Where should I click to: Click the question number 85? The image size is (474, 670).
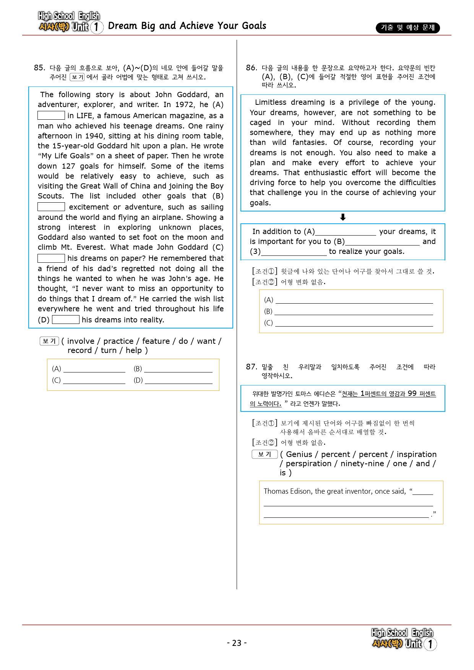tap(39, 68)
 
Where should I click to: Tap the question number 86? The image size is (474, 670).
tap(251, 68)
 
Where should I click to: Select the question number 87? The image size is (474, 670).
tap(251, 367)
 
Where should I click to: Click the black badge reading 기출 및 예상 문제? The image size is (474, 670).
tap(407, 28)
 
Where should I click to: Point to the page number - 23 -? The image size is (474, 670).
tap(237, 643)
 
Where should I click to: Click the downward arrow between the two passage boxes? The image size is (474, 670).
tap(343, 217)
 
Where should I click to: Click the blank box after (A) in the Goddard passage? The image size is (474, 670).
tap(51, 115)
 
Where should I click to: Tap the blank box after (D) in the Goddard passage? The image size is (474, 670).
tap(65, 320)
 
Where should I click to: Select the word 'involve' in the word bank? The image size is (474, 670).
tap(81, 341)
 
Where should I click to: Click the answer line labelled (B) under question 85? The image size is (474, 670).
tap(178, 369)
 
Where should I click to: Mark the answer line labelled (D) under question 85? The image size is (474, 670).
tap(179, 381)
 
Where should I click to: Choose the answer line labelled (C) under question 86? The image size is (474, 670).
tap(354, 324)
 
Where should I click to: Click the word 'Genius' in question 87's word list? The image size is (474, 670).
tap(299, 454)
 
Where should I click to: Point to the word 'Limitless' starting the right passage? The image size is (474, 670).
tap(271, 102)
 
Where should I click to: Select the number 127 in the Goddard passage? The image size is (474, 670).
tap(68, 166)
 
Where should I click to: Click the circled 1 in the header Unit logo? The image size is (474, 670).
tap(97, 27)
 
